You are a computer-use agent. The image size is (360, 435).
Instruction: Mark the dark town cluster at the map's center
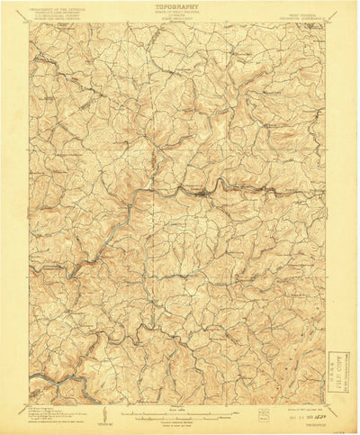[209, 191]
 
